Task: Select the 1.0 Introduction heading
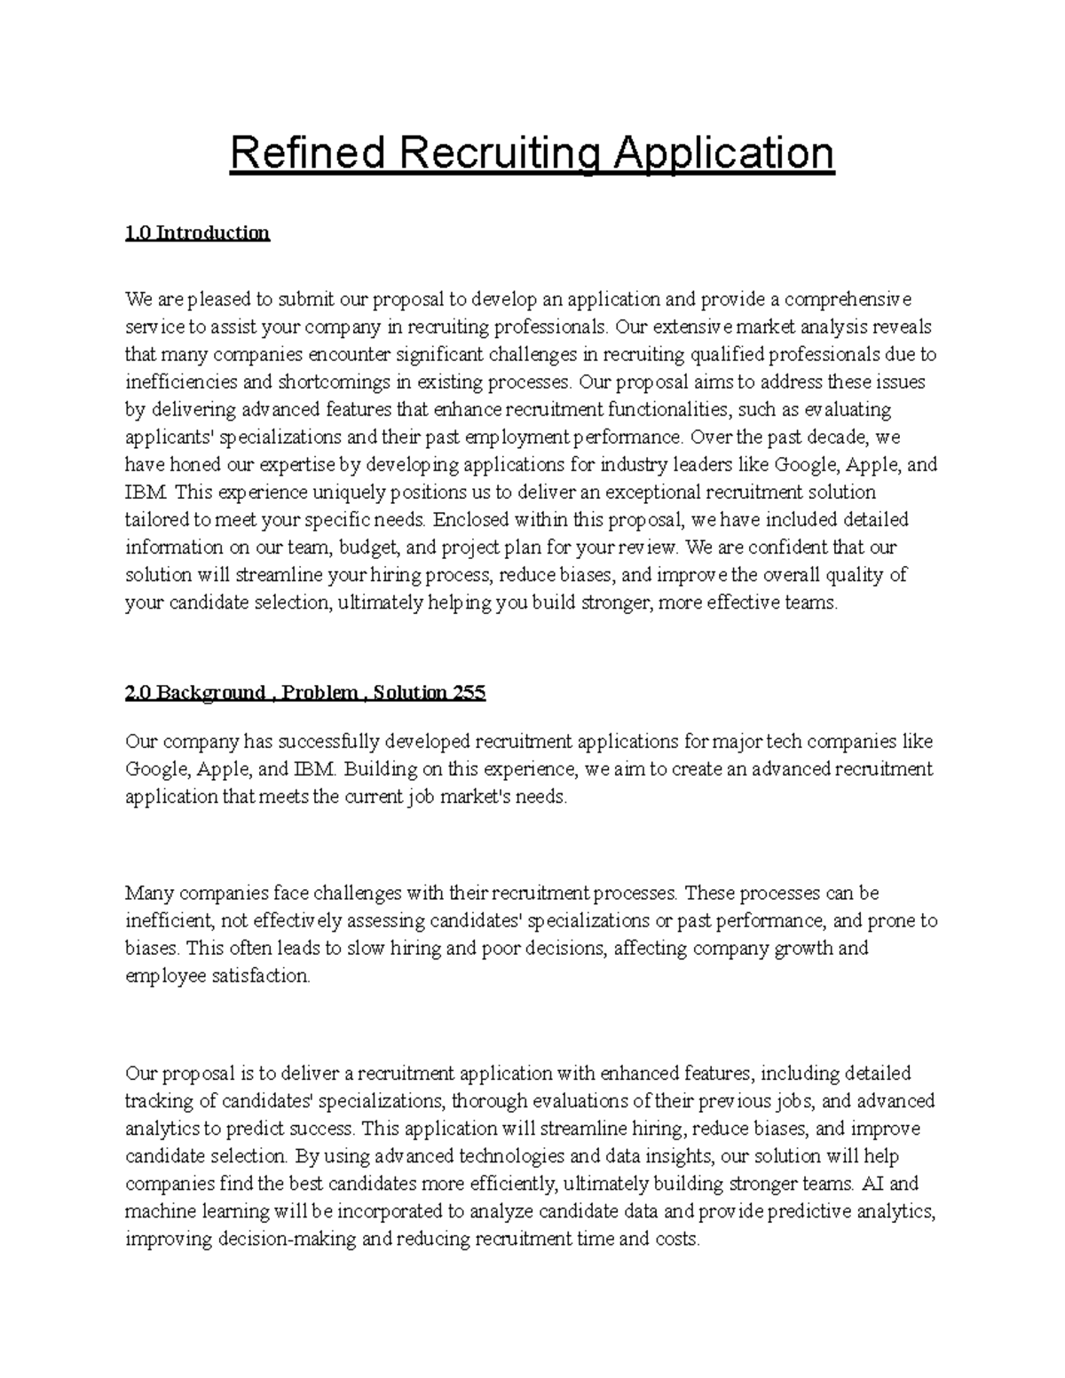click(197, 233)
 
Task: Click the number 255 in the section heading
click(469, 693)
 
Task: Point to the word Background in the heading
click(210, 693)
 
